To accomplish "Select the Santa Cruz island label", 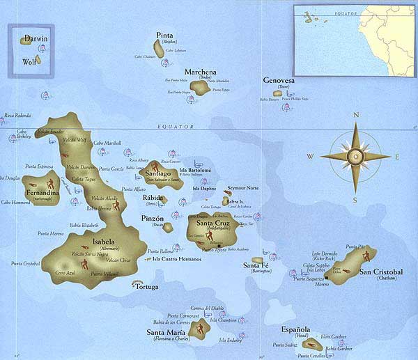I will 214,223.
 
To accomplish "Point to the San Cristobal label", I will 381,272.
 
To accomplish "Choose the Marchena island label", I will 200,72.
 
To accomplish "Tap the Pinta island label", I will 165,35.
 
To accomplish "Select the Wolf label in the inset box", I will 29,61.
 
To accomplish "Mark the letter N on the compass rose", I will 356,115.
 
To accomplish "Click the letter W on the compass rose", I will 310,157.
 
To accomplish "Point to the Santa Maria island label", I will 165,332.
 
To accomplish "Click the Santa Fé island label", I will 256,265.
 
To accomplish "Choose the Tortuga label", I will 148,287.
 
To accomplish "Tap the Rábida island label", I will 153,197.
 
